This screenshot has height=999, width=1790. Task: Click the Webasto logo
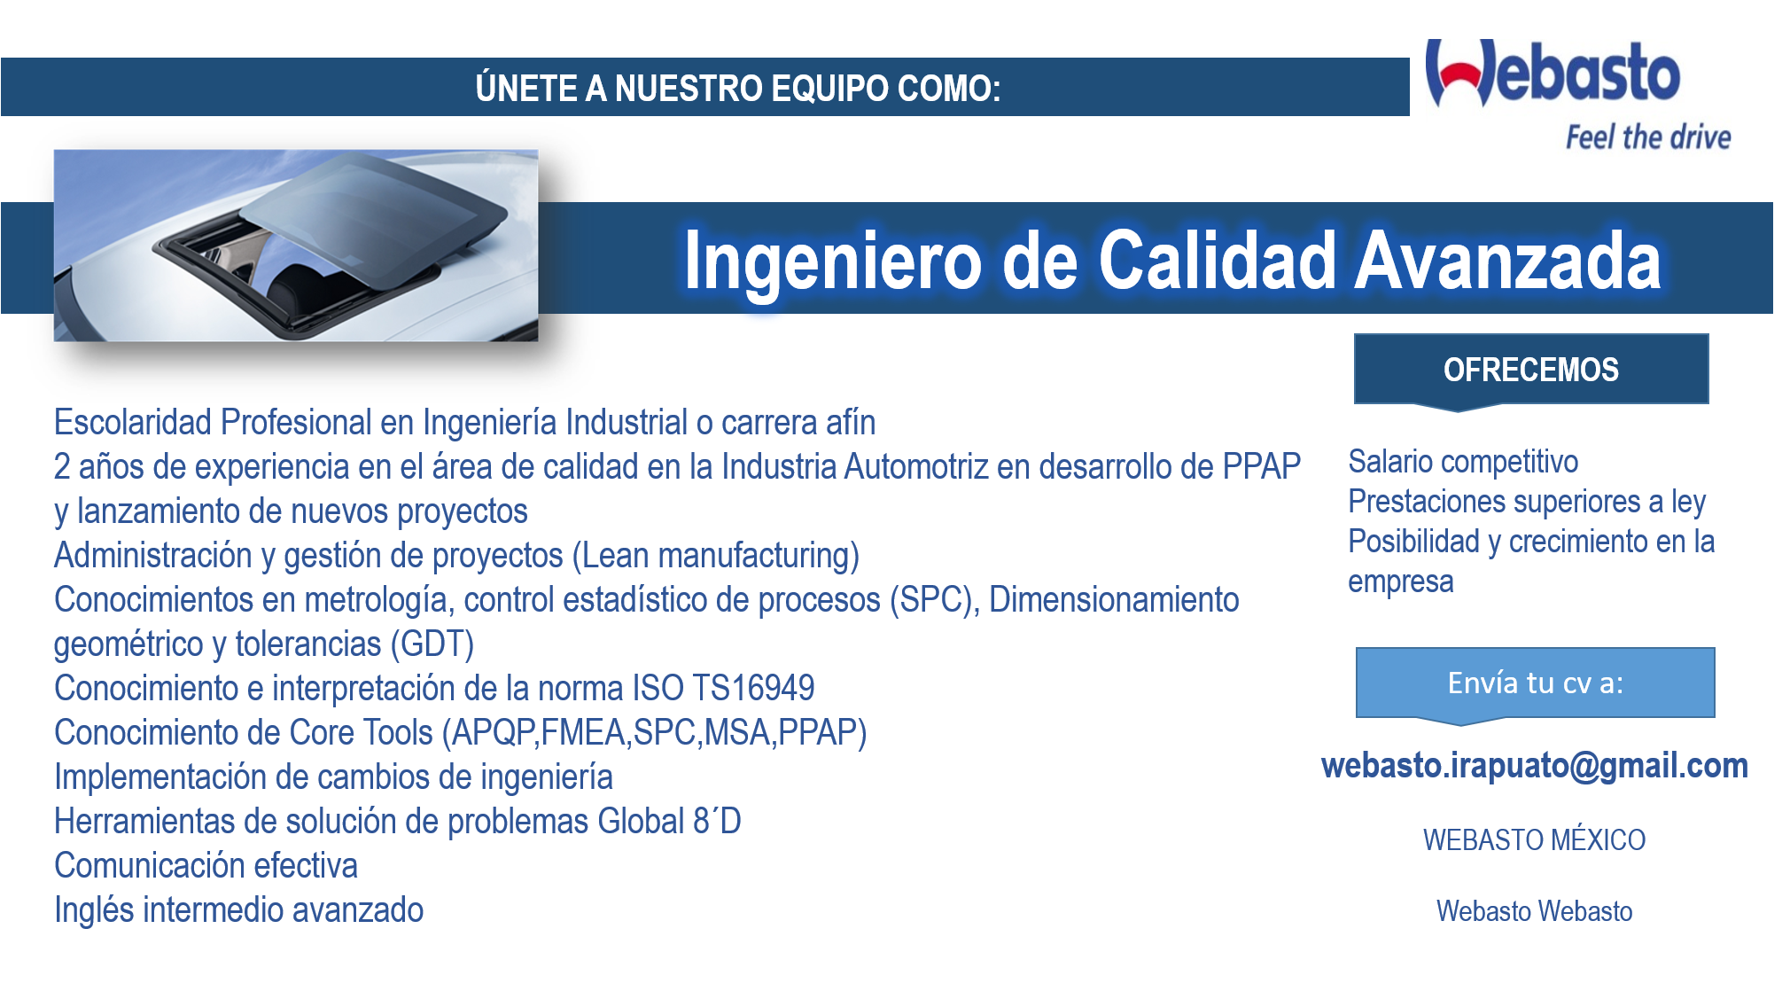(1553, 73)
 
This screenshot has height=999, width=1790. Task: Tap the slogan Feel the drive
(1648, 137)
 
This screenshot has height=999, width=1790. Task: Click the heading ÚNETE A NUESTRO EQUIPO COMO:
(738, 88)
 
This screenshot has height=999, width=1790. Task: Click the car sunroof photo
(296, 246)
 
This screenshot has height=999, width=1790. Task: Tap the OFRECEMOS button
(1531, 371)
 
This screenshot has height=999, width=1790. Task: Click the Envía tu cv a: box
(1535, 684)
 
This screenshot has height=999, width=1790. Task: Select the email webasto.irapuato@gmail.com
(1535, 766)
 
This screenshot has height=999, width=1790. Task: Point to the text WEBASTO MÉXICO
(1534, 839)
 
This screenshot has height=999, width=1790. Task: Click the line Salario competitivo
(1463, 462)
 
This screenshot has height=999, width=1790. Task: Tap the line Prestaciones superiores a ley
(1527, 502)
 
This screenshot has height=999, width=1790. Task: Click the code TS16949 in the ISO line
(753, 688)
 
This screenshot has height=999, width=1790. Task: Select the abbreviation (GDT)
(432, 644)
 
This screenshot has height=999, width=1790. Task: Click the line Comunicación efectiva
(206, 865)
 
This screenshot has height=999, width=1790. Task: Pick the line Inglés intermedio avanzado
(238, 910)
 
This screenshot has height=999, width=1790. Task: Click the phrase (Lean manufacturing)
(716, 556)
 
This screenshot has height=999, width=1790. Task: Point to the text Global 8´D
(669, 821)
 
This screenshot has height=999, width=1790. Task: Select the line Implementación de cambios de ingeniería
(333, 777)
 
